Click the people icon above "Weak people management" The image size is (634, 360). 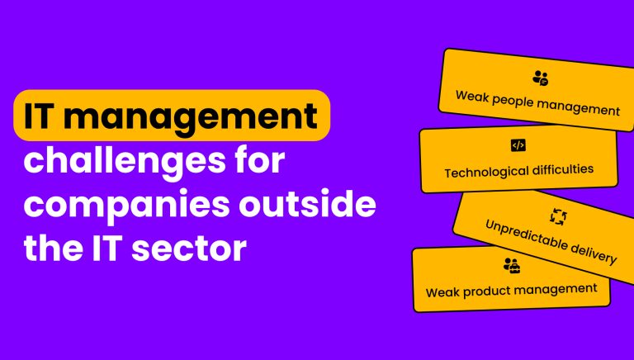click(541, 78)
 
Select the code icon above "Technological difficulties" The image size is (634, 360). click(518, 145)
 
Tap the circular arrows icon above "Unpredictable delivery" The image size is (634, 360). click(559, 216)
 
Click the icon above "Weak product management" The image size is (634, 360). click(511, 266)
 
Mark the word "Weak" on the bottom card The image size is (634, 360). click(442, 292)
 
